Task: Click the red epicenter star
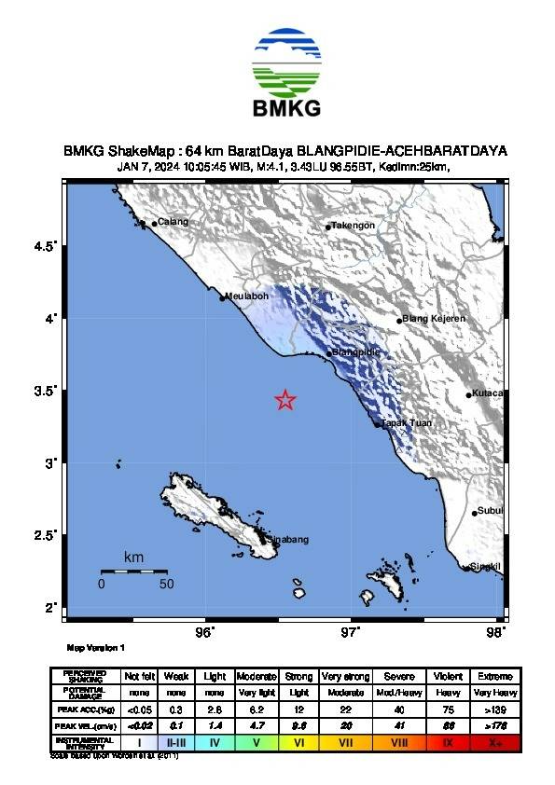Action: (285, 400)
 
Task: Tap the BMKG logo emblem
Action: (286, 61)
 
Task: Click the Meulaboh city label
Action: (247, 296)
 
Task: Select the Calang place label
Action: (173, 222)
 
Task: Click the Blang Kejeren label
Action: (434, 319)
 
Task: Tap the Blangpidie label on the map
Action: (358, 352)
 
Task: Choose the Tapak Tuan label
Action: (405, 423)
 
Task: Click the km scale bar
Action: (133, 571)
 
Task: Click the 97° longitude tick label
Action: (352, 633)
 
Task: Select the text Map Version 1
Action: (95, 647)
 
